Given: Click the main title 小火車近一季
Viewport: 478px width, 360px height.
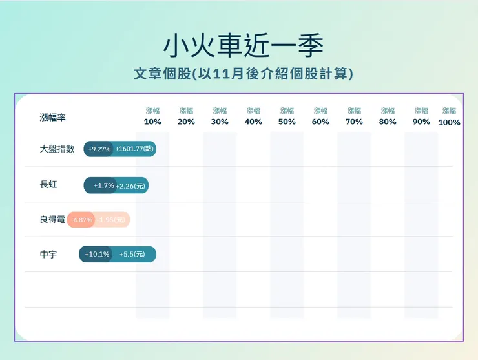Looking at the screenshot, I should [x=243, y=45].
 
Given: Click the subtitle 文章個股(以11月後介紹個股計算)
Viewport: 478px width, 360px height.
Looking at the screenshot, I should [x=243, y=74].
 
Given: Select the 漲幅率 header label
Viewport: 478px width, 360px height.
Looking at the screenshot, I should [x=52, y=118].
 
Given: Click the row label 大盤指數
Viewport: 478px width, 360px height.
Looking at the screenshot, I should [x=57, y=149].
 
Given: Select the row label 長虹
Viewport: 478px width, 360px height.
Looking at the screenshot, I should [x=48, y=185].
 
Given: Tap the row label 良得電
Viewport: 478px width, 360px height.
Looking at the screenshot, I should [x=52, y=220].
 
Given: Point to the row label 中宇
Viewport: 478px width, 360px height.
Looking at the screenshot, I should [x=48, y=255].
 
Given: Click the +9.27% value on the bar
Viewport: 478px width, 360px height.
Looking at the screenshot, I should [x=99, y=149].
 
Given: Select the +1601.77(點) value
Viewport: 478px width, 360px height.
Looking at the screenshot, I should [x=134, y=149].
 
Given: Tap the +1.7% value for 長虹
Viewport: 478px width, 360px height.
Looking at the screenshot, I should [x=104, y=185].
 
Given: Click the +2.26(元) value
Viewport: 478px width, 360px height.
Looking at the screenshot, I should [x=131, y=185].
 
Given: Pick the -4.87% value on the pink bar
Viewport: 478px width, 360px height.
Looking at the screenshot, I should [x=83, y=220].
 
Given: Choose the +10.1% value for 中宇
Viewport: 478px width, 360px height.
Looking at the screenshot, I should [x=97, y=255].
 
